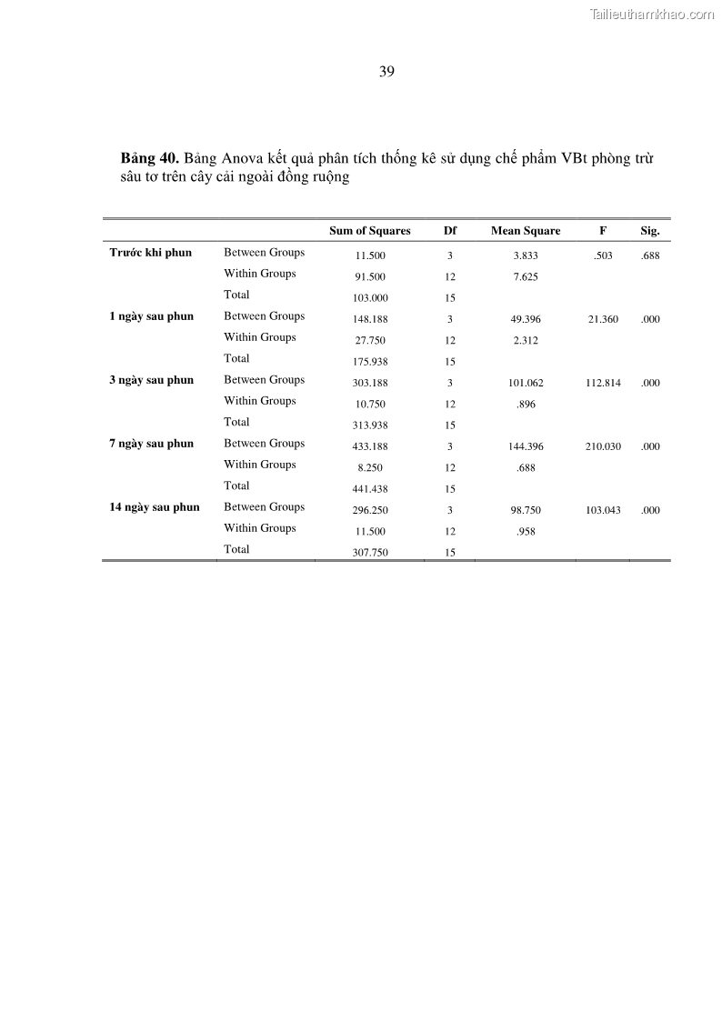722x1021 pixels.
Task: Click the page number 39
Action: [386, 72]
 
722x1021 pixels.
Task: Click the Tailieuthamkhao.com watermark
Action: [652, 14]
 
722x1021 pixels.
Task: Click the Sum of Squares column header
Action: [370, 231]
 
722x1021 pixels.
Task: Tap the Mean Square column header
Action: [526, 231]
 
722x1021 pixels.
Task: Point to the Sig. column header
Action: [649, 231]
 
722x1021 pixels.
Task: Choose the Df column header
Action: [449, 231]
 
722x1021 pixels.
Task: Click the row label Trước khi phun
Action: [151, 253]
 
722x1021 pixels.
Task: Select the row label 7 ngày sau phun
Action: [152, 444]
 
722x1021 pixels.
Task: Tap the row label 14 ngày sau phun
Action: [155, 507]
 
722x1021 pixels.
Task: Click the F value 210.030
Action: [604, 446]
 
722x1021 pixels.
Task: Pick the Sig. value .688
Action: [649, 255]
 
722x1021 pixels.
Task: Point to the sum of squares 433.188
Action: [370, 446]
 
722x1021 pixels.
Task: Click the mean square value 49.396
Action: [526, 319]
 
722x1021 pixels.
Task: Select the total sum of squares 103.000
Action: [370, 298]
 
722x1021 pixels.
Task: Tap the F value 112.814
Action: [604, 383]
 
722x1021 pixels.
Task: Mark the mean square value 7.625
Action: [526, 277]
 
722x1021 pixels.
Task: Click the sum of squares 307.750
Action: [370, 553]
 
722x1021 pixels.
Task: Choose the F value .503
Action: [603, 255]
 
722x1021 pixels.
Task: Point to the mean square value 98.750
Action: [526, 510]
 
